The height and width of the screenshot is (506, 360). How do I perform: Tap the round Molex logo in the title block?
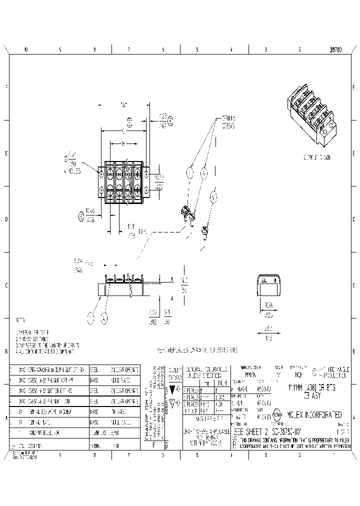tap(277, 414)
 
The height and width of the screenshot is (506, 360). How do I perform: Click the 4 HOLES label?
tap(72, 170)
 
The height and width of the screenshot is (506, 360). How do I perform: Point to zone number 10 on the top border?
tap(26, 50)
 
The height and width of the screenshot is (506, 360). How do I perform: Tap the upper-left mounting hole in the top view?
tap(101, 173)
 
